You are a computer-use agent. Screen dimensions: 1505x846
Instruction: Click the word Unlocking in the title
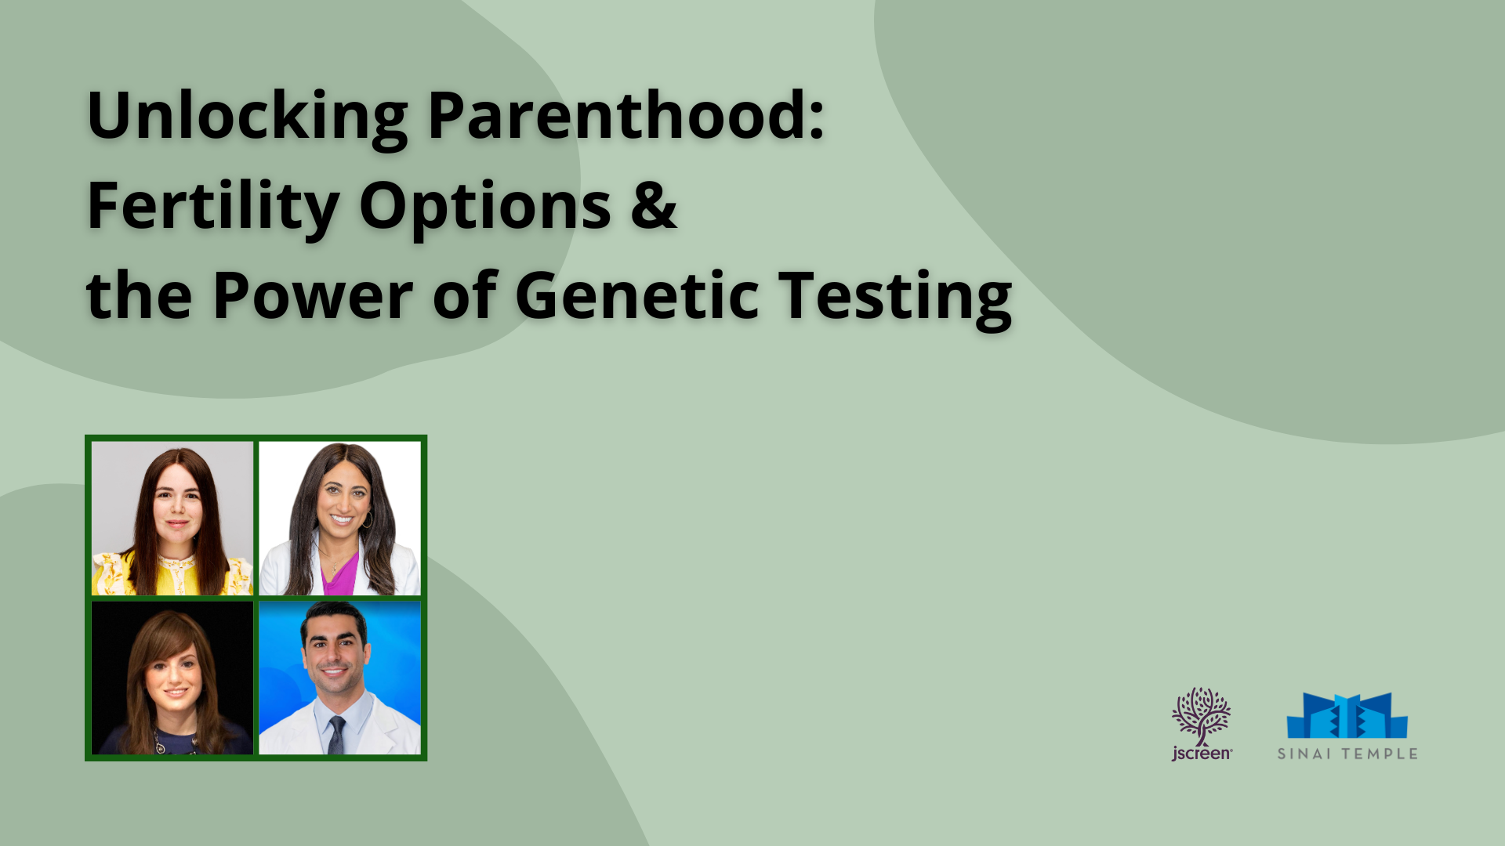[247, 117]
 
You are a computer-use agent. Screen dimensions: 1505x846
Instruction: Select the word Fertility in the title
[212, 207]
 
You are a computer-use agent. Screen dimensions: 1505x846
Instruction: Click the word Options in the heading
[485, 207]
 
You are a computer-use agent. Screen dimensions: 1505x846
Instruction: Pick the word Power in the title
[312, 295]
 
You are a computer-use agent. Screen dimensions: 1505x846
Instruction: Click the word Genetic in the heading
[636, 295]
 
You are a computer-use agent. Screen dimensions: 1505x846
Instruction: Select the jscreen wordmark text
[1202, 754]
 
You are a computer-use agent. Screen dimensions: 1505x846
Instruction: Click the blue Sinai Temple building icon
[1347, 715]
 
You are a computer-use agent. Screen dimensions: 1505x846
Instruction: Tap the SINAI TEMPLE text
[1347, 754]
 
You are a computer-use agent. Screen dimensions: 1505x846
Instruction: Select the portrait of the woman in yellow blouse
[172, 518]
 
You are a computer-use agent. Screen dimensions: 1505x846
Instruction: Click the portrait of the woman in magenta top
[339, 518]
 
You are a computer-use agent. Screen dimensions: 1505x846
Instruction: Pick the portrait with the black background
[172, 678]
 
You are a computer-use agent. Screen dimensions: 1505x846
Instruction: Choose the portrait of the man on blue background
[339, 678]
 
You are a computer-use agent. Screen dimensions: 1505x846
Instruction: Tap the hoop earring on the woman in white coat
[367, 519]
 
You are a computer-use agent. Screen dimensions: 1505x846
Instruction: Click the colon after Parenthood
[817, 122]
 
